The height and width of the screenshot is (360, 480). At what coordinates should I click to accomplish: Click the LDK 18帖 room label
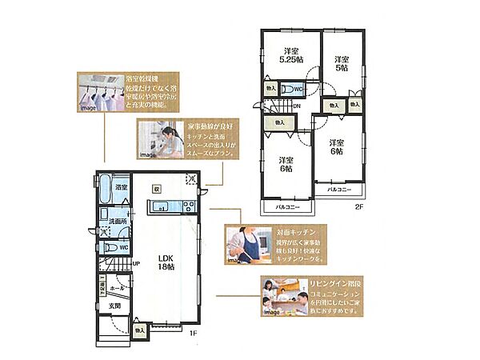166,262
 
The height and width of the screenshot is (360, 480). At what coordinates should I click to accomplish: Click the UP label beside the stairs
137,263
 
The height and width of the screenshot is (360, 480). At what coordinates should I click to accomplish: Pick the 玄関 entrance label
114,306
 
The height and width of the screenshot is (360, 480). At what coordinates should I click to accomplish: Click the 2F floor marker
359,207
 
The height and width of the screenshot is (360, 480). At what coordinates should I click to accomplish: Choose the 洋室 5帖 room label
342,63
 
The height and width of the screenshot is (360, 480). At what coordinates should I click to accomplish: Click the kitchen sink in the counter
160,208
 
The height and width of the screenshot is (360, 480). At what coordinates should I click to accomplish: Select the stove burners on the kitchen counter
188,208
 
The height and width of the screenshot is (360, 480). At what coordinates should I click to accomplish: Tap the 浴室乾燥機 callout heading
144,79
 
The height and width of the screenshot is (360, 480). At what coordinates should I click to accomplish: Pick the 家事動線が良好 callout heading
210,126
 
